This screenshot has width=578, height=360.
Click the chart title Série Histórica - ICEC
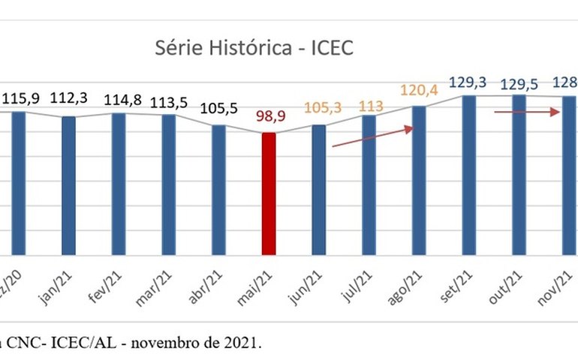tap(254, 48)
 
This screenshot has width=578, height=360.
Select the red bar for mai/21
tap(269, 193)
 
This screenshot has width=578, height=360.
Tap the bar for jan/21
tap(68, 185)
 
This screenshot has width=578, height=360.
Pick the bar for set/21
tap(469, 175)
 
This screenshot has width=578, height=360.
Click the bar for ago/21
tap(419, 180)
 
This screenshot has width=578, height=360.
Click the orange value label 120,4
tap(420, 91)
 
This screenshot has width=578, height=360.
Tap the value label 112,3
tap(68, 98)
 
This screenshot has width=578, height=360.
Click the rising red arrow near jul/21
tap(372, 136)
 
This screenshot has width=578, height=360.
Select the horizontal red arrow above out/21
tap(527, 112)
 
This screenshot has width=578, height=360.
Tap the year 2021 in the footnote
tap(244, 343)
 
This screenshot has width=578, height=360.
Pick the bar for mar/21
tap(169, 184)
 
